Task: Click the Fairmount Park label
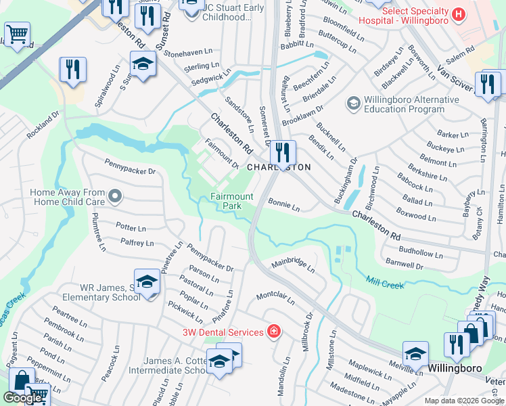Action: (231, 201)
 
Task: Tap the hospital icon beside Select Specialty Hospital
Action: (459, 14)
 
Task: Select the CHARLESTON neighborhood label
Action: (279, 167)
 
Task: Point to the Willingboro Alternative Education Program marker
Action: (352, 104)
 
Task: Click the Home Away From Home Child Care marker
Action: (115, 197)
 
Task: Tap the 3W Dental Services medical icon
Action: (273, 332)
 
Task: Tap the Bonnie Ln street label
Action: (283, 202)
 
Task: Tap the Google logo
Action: (22, 398)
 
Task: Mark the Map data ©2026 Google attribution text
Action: (463, 401)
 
